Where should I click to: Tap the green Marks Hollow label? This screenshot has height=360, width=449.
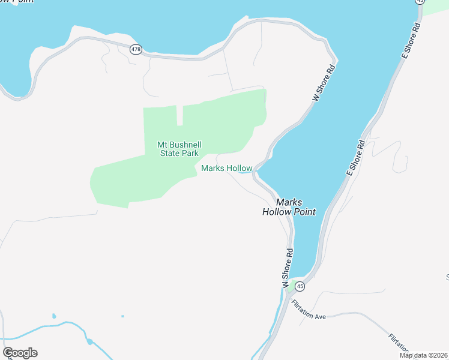[x=226, y=169]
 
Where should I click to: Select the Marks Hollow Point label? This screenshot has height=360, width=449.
[x=289, y=207]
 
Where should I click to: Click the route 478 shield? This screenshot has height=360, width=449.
[x=136, y=49]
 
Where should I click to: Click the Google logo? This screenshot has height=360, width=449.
[x=20, y=353]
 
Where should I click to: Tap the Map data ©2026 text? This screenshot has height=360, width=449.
[x=424, y=355]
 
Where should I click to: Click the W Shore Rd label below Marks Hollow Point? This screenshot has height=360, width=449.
[x=287, y=267]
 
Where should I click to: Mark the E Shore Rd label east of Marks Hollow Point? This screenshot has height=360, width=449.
[x=355, y=157]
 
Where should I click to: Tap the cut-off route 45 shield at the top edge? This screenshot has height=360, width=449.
[x=420, y=2]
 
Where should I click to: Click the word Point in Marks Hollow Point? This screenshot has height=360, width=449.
[x=304, y=212]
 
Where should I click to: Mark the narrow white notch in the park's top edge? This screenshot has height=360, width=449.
[x=179, y=115]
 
